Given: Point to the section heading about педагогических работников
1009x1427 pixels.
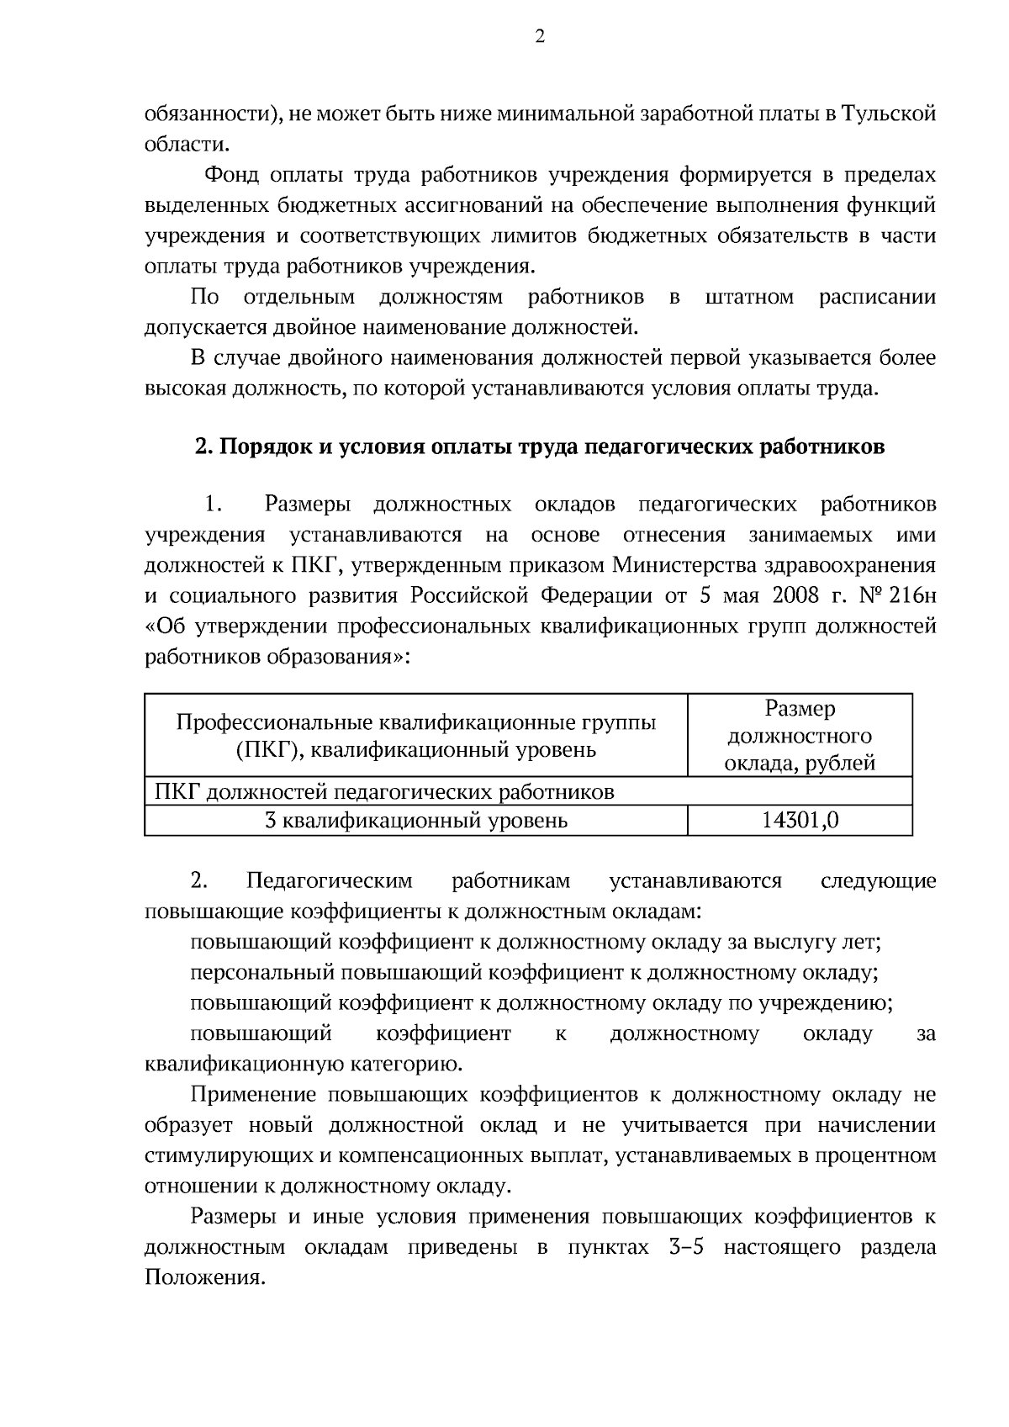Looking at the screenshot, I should pyautogui.click(x=540, y=447).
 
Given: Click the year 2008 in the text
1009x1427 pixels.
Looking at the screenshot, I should pyautogui.click(x=795, y=596).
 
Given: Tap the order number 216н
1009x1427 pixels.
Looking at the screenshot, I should pyautogui.click(x=911, y=596).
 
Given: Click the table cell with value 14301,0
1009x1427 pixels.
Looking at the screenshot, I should pyautogui.click(x=800, y=821).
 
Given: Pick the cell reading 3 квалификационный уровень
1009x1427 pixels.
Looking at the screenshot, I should pyautogui.click(x=416, y=821).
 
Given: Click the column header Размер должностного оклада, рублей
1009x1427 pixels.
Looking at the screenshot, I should pyautogui.click(x=800, y=736).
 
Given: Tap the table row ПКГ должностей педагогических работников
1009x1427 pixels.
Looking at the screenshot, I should pyautogui.click(x=385, y=792).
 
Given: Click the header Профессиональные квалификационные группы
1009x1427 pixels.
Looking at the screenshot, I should pyautogui.click(x=416, y=723).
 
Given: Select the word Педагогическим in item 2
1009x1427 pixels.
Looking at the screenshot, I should pyautogui.click(x=330, y=881).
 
